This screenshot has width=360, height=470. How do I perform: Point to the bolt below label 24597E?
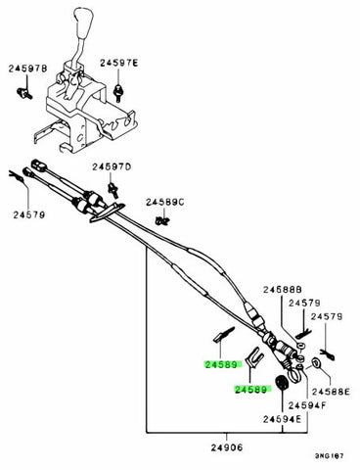click(118, 92)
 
